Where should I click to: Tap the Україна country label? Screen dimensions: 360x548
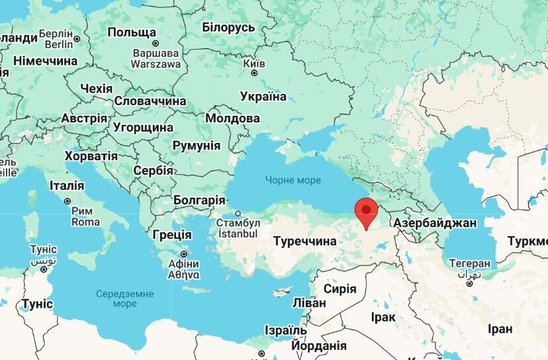263,97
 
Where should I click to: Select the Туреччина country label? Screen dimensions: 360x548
305,242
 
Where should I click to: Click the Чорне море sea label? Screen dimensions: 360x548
293,180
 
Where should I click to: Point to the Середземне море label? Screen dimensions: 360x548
124,298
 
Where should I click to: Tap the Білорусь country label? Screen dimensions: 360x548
228,27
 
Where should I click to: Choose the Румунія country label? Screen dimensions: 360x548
196,146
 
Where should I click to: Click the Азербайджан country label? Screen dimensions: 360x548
435,223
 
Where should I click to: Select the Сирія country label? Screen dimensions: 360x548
340,289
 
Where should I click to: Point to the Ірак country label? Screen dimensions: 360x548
383,318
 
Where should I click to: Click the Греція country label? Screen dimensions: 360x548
171,235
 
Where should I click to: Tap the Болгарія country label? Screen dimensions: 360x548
199,200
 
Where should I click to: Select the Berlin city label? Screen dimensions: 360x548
60,44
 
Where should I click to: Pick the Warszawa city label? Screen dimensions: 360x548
156,64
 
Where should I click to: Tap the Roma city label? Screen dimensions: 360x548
85,222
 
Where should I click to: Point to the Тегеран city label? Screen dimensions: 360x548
469,263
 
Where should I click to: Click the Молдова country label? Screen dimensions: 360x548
232,118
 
